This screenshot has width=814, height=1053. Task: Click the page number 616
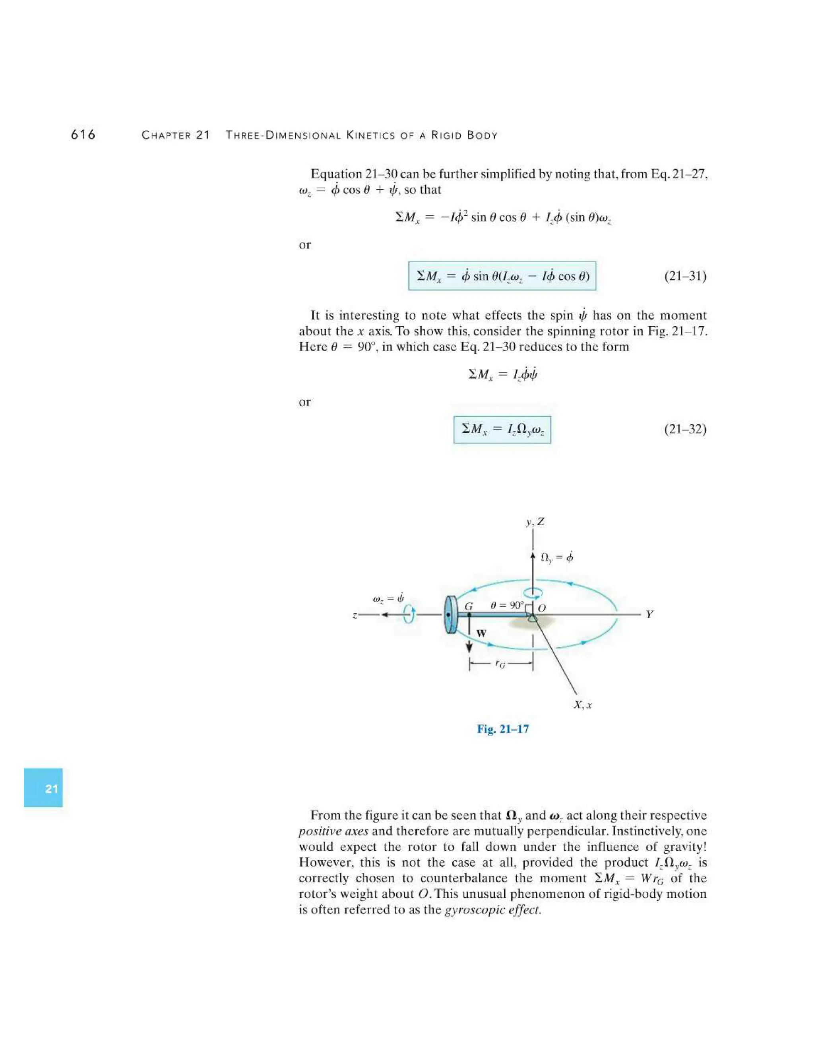pos(83,135)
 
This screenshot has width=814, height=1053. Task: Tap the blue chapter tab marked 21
pos(43,788)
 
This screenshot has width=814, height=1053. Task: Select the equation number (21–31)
pos(685,276)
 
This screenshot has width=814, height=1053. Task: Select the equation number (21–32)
pos(685,429)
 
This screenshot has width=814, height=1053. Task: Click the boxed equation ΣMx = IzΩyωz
pos(502,430)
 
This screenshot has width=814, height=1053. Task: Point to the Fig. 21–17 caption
pos(502,729)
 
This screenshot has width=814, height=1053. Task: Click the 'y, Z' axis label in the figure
pos(535,522)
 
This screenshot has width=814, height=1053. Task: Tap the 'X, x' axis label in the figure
pos(583,705)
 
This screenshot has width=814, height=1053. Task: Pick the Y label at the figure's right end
pos(649,614)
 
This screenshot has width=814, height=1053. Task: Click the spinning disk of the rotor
pos(450,615)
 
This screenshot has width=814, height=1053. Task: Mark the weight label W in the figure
pos(481,633)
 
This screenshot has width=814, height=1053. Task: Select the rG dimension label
pos(500,665)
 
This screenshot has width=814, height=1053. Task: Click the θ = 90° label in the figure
pos(506,605)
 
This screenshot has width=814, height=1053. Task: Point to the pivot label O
pos(542,608)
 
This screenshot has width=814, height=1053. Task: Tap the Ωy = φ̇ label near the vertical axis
pos(556,557)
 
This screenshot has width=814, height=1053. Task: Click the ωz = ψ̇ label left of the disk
pos(388,598)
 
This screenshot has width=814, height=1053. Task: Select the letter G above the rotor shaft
pos(468,606)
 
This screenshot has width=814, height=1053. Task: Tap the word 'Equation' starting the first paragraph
pos(336,174)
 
